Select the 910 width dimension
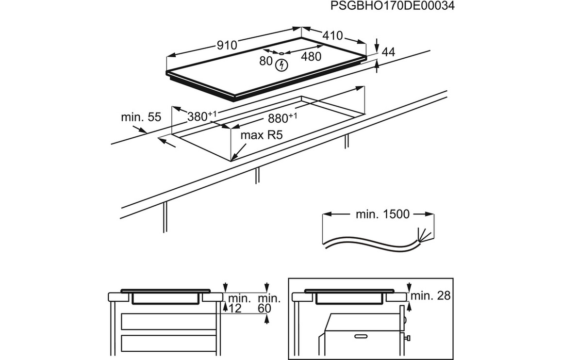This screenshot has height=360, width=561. pyautogui.click(x=227, y=45)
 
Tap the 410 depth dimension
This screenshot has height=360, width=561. pyautogui.click(x=333, y=35)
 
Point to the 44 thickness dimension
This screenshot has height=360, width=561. pyautogui.click(x=389, y=52)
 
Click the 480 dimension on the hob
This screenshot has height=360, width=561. pyautogui.click(x=311, y=57)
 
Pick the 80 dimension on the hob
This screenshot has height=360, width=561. pyautogui.click(x=265, y=61)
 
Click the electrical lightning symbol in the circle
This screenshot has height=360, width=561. pyautogui.click(x=281, y=65)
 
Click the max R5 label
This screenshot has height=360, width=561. pyautogui.click(x=262, y=135)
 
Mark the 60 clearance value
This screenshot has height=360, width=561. pyautogui.click(x=265, y=308)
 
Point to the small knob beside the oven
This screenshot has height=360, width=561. pyautogui.click(x=408, y=337)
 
